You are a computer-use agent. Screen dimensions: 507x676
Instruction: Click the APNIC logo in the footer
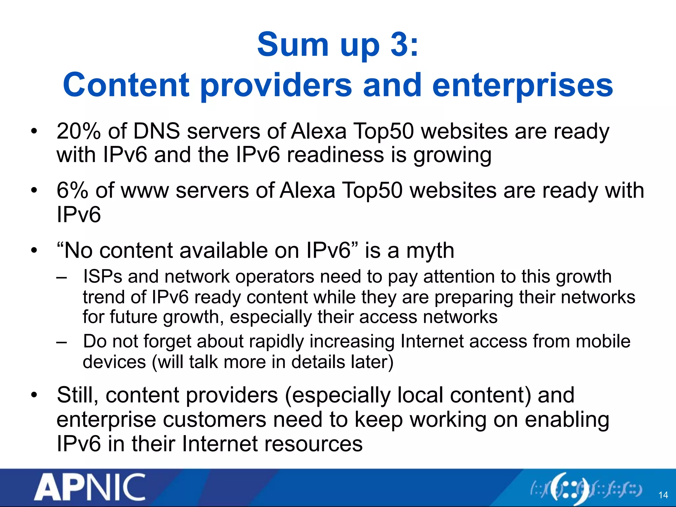coord(89,487)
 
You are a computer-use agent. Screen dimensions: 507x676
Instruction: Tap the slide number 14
coord(663,495)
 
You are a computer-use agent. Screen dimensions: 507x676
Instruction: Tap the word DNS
coord(156,131)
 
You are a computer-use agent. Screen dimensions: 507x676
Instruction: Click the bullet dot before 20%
coord(34,132)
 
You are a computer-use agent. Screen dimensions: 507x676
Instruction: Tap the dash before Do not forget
coord(61,342)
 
